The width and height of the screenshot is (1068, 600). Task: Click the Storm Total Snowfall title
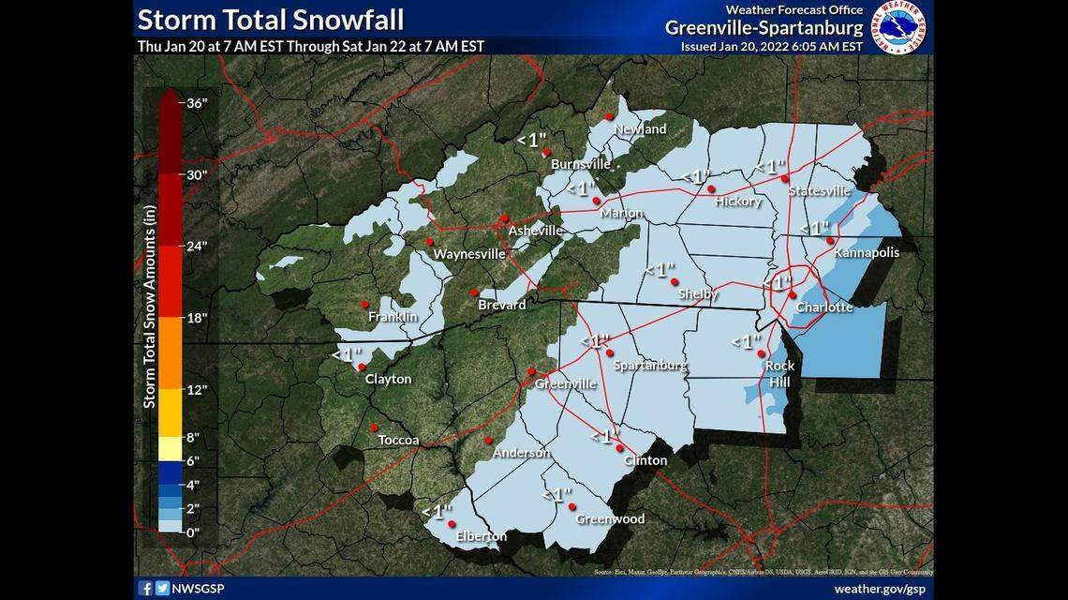tap(271, 19)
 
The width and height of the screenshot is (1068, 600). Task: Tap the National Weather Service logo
tap(897, 26)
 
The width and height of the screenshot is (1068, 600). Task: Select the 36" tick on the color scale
tap(197, 103)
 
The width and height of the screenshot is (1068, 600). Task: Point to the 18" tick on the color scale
tap(197, 318)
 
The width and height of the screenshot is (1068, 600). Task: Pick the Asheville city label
tap(535, 231)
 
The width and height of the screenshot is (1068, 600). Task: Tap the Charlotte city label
tap(824, 307)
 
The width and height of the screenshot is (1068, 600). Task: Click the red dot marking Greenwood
tap(571, 507)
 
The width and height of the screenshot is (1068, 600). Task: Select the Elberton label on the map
tap(482, 536)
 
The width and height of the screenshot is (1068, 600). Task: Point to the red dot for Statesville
tap(785, 179)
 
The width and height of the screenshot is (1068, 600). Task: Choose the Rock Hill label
tap(779, 374)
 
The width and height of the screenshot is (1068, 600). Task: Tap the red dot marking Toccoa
tap(374, 427)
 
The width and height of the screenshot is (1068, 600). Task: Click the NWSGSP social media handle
tap(198, 589)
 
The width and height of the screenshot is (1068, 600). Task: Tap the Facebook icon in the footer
tap(145, 589)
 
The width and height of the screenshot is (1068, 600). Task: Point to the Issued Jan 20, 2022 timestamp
tap(771, 46)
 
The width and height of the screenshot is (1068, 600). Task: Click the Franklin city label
tap(393, 317)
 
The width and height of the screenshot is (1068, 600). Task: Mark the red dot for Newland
tap(608, 116)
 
